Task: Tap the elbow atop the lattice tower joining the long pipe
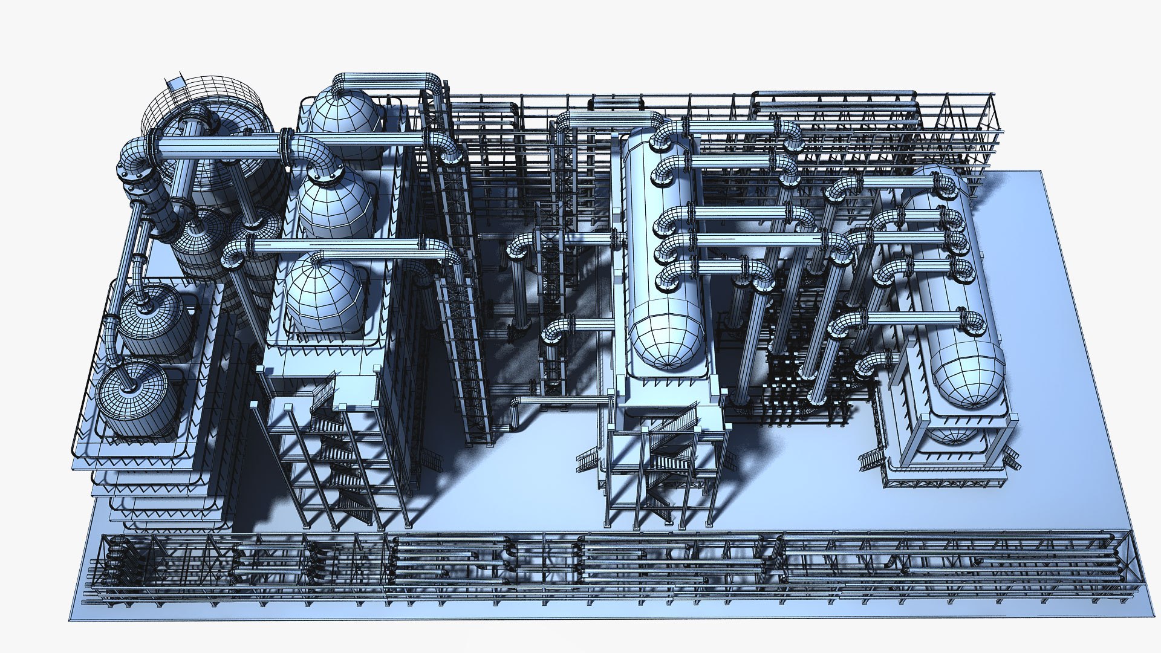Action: (444, 145)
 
